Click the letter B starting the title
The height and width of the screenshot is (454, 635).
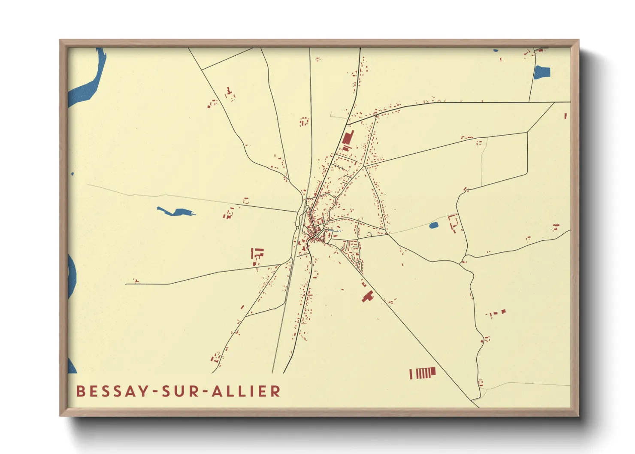click(x=80, y=391)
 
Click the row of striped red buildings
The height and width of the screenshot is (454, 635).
click(x=423, y=373)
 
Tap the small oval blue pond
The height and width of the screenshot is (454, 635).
click(x=433, y=225)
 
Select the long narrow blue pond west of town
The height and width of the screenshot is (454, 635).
click(x=175, y=212)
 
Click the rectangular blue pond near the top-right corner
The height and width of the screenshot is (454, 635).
click(x=542, y=72)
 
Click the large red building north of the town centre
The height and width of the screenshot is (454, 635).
click(x=348, y=139)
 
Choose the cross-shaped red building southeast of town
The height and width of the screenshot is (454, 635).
click(x=367, y=296)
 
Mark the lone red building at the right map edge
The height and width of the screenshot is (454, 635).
click(x=565, y=116)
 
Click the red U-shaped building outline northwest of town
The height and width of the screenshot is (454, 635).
click(x=304, y=121)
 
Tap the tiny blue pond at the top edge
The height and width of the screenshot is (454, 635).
click(x=496, y=51)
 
